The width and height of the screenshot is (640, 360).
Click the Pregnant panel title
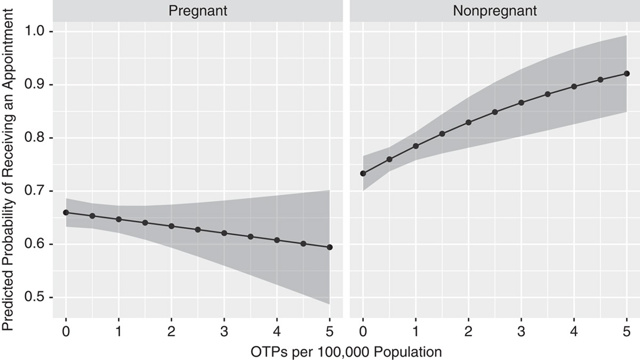pos(197,10)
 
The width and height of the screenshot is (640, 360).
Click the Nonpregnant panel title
pos(494,10)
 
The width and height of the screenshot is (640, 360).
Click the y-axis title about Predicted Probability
pos(11,165)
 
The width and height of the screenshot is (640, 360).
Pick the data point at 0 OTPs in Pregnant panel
pos(66,212)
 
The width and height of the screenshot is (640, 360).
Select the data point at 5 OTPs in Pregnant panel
pos(330,247)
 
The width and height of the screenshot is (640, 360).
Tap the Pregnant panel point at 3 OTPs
pos(224,233)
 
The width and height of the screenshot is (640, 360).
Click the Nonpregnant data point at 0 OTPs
pos(363,173)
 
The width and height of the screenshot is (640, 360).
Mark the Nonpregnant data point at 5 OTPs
pos(627,74)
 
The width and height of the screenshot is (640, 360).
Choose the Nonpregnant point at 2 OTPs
pos(468,122)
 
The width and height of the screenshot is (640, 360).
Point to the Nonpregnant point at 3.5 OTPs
pos(547,94)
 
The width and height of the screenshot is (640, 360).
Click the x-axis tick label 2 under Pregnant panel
pos(171,330)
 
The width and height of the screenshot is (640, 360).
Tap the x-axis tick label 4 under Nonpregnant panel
pos(574,330)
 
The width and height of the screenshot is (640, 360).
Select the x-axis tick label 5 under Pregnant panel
pos(330,330)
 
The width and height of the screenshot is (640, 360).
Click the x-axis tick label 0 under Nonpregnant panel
pos(363,330)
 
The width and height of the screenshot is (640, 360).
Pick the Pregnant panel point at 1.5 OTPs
pos(145,222)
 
